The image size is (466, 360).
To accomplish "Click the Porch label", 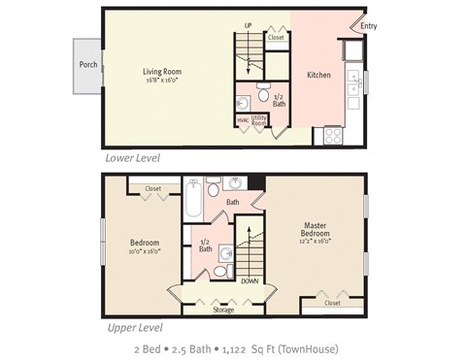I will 87,66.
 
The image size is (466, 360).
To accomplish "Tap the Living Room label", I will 162,71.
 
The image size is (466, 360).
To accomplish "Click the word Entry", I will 369,26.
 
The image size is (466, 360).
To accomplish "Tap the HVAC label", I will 242,121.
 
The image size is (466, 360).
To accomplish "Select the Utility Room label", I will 259,121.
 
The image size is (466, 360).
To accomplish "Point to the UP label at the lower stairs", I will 248,25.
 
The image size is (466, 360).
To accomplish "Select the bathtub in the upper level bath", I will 192,200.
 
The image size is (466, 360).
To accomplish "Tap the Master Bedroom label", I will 316,230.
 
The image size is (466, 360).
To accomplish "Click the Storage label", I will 222,310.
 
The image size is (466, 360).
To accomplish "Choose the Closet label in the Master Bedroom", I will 332,303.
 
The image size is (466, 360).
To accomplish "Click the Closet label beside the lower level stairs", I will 276,38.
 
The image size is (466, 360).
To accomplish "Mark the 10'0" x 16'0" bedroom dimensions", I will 144,250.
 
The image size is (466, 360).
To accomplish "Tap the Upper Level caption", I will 133,327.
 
